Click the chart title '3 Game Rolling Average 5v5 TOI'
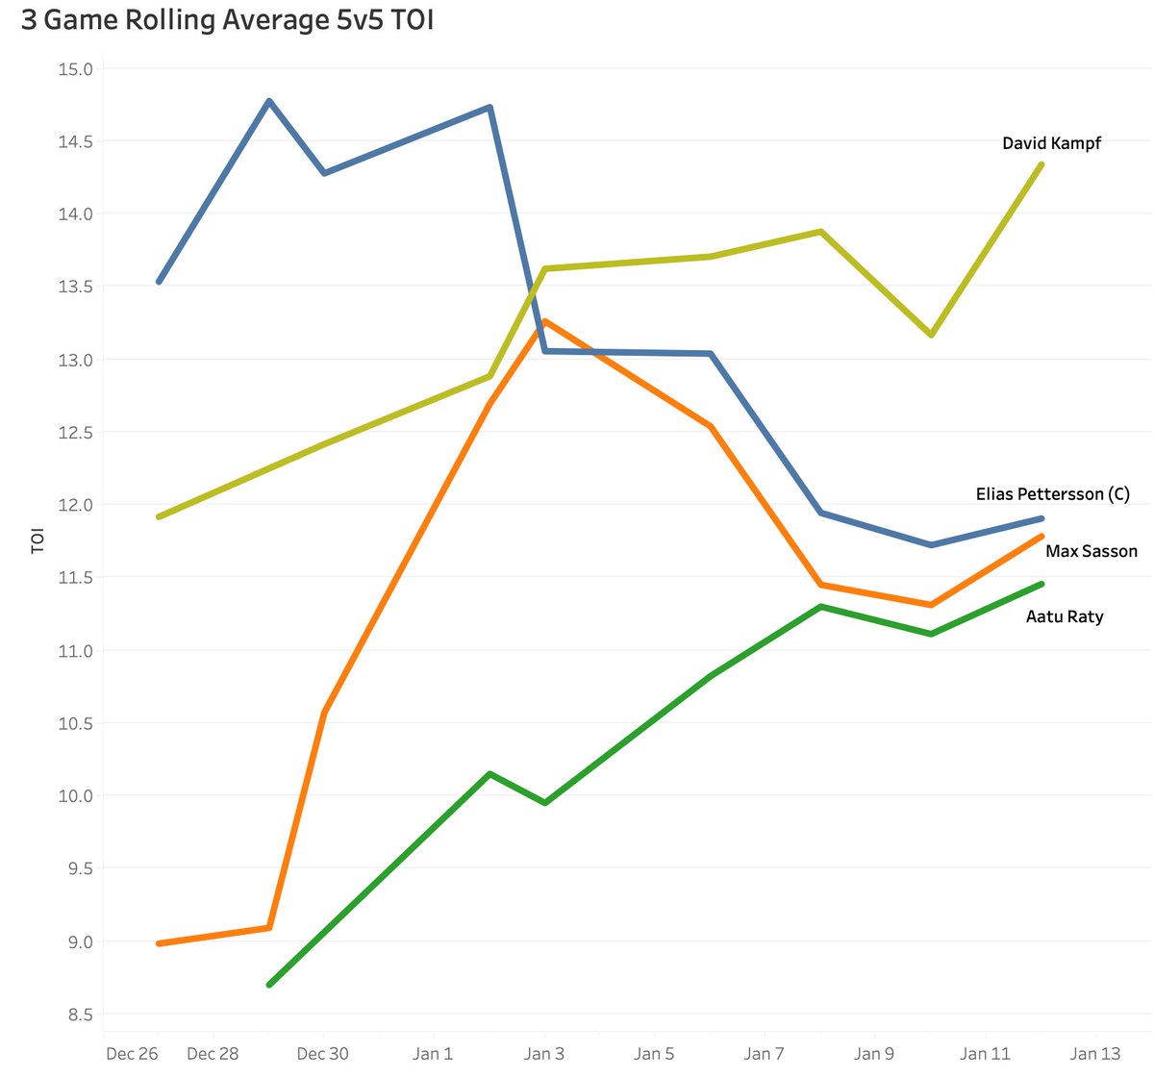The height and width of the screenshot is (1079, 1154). point(228,20)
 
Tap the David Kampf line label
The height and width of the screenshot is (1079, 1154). point(1051,143)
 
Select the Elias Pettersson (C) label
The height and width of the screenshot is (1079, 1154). point(1052,494)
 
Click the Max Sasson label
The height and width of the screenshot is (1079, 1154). point(1091,551)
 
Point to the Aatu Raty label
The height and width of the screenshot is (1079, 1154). point(1065,616)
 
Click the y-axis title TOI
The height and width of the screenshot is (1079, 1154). point(38,541)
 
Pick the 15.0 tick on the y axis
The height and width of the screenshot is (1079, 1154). point(75,69)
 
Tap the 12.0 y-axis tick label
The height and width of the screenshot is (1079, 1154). point(75,505)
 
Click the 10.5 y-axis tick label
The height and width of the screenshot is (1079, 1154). point(75,723)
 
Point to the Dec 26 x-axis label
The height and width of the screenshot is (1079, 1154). point(132,1054)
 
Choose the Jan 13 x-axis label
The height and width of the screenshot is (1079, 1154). point(1095,1054)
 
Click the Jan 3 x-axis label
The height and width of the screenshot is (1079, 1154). point(543,1054)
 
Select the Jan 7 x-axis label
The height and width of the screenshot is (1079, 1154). point(764,1054)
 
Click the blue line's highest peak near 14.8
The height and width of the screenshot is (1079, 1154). point(269,101)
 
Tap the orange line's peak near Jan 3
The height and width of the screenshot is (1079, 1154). point(545,321)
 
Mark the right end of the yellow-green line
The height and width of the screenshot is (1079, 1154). point(1041,164)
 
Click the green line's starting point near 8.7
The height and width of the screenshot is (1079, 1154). point(269,985)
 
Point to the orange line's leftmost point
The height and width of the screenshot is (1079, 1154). point(159,943)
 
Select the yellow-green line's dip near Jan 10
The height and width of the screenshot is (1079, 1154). point(931,335)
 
